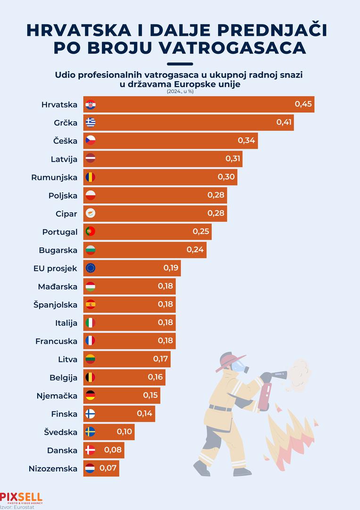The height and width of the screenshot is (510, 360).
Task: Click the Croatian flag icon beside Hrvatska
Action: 91,104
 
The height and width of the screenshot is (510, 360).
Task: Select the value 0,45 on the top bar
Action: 303,104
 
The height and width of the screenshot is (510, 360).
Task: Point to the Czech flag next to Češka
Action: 91,141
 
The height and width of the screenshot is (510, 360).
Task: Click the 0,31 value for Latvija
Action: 233,159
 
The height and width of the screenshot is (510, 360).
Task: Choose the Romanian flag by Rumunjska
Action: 91,177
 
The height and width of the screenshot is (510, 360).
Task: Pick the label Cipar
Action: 66,213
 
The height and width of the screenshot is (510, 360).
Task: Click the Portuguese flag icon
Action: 91,231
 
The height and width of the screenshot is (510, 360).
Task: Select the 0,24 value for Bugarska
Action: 195,249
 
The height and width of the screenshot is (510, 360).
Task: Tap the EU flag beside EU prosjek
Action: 91,268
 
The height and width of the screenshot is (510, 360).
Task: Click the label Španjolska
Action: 56,304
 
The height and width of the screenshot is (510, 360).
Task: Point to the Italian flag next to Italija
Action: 91,323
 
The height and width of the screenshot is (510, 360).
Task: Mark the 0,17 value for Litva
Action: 160,359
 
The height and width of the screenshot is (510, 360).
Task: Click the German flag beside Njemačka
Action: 91,395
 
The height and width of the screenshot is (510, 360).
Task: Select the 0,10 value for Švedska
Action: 125,432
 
